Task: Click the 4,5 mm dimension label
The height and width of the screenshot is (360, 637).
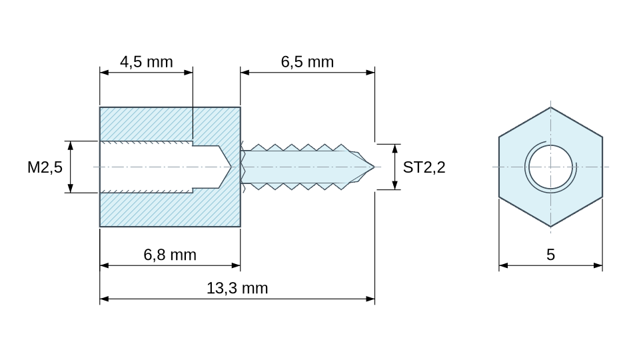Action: (146, 62)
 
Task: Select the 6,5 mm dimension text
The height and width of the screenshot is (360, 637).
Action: (307, 62)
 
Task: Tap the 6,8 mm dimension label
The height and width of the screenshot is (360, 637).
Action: (170, 255)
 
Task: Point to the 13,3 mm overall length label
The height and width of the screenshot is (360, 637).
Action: (237, 288)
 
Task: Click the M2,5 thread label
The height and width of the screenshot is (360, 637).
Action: (45, 167)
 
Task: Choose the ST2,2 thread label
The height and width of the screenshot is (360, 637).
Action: (424, 167)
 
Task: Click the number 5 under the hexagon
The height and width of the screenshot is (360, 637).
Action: (550, 255)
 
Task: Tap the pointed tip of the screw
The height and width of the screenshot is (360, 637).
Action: (374, 167)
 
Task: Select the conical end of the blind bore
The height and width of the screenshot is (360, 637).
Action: (225, 167)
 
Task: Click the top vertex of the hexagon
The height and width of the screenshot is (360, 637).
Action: (550, 107)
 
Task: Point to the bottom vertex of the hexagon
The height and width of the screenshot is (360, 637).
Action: (550, 226)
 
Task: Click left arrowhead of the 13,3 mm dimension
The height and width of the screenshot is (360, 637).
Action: (105, 299)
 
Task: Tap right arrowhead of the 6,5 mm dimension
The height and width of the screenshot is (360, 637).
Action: (370, 73)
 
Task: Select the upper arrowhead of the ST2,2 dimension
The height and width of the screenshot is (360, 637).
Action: (394, 149)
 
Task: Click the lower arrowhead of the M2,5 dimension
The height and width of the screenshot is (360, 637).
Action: (70, 188)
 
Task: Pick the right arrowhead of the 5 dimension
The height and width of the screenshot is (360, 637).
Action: (598, 266)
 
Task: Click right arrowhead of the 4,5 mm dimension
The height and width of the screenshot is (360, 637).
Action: (188, 73)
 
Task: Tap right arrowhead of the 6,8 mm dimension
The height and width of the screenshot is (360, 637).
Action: (236, 266)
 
